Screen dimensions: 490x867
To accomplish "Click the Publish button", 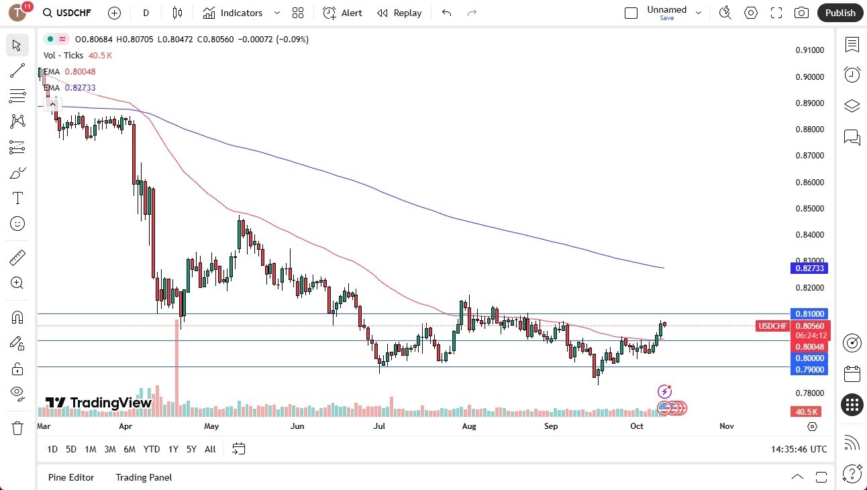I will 840,13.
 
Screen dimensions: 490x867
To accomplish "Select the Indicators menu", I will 241,13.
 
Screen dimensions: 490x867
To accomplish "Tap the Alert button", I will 342,13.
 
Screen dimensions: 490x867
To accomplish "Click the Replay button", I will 399,13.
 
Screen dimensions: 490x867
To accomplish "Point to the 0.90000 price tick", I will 809,77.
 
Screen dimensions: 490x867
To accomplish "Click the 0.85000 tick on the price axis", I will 809,208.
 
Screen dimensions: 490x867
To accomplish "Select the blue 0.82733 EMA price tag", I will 809,268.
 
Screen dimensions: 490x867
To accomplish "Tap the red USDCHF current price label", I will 772,326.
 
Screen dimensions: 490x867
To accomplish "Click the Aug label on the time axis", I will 469,426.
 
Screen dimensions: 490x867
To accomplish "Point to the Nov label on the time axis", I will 726,426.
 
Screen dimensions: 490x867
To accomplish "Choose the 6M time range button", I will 130,449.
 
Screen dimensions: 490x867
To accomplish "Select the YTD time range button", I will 152,449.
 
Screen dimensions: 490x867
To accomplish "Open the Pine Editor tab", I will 71,477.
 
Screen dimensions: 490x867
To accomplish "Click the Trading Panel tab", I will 144,477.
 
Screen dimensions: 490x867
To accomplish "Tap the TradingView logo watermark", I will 98,403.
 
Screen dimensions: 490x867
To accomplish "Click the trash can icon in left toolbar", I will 17,428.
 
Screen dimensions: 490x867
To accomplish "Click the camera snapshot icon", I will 801,13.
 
